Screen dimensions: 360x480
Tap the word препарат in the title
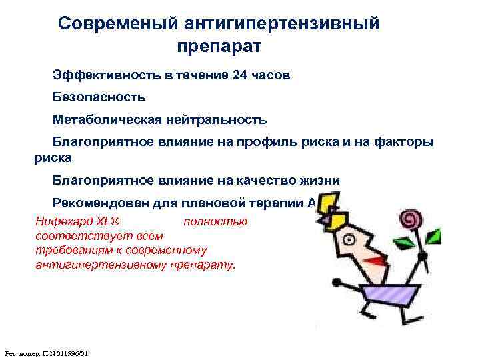pos(220,47)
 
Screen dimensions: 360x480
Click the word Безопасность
pos(99,97)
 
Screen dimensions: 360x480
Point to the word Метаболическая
pos(105,120)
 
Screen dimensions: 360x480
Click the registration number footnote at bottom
pos(47,352)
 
